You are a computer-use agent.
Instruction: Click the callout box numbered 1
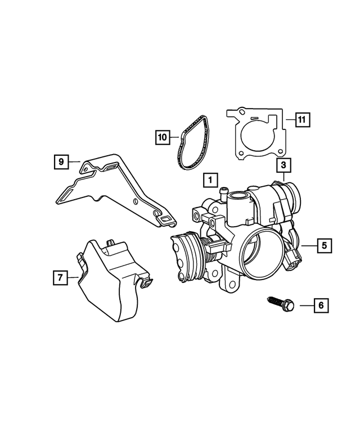click(x=209, y=181)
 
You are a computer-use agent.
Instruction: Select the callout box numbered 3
click(x=283, y=165)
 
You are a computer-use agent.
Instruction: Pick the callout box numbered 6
click(x=321, y=305)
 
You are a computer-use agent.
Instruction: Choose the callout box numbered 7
click(x=58, y=277)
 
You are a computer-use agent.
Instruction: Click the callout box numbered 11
click(x=302, y=119)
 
